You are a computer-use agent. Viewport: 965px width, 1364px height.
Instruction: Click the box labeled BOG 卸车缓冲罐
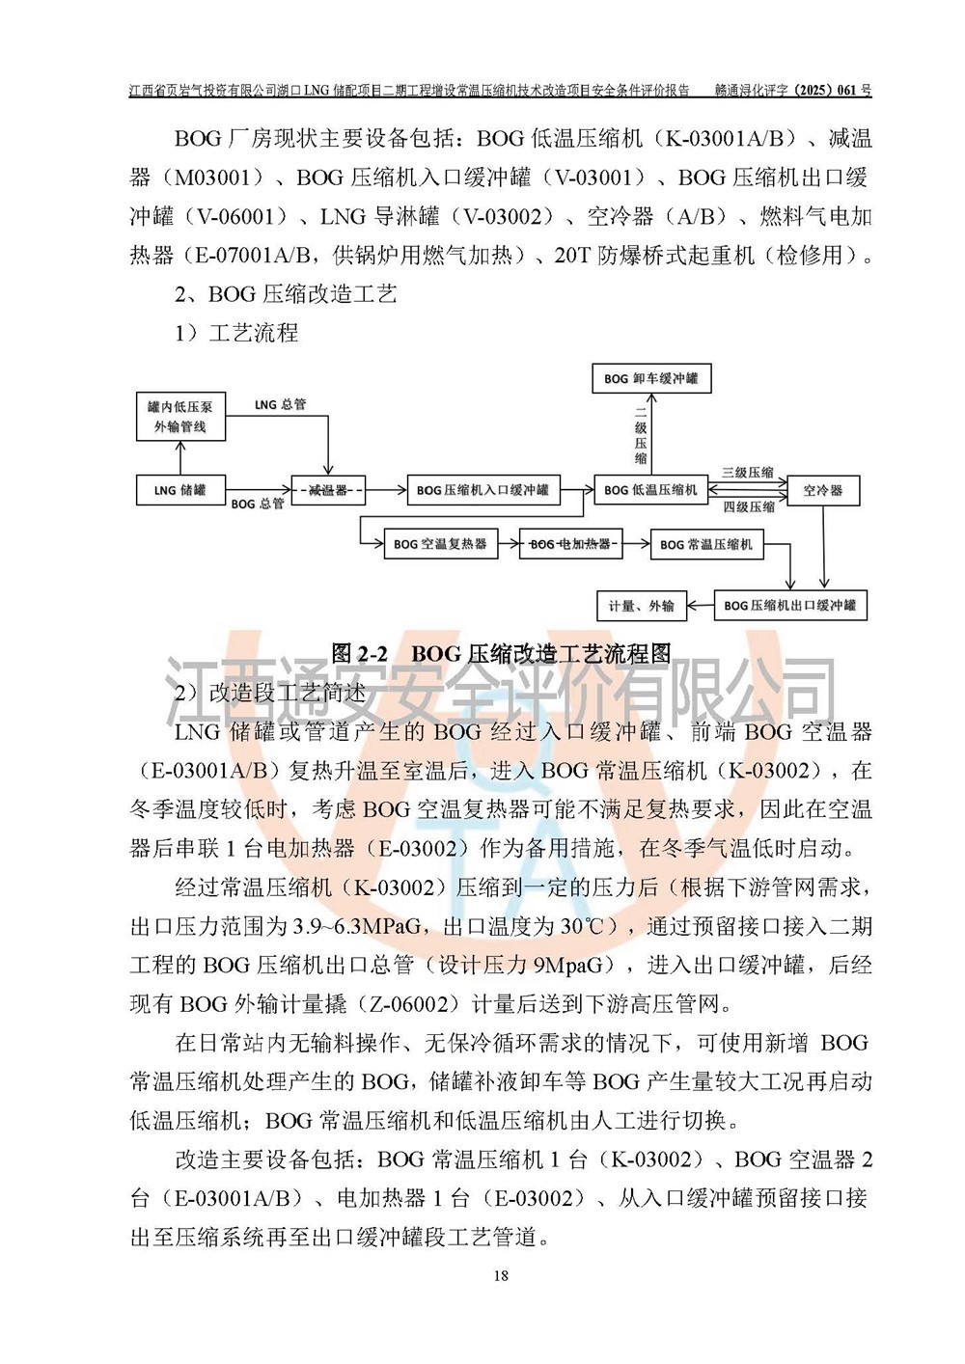click(x=651, y=379)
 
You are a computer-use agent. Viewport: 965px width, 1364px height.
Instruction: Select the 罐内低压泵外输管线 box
click(x=180, y=417)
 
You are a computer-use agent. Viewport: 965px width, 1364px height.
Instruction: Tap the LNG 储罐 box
click(x=180, y=490)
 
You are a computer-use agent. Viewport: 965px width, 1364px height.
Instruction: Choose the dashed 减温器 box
click(x=328, y=490)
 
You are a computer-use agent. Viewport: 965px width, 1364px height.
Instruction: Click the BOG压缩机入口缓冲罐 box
click(x=482, y=490)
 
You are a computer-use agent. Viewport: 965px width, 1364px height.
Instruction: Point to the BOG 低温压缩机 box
click(x=650, y=490)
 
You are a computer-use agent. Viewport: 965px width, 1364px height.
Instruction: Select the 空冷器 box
click(x=823, y=490)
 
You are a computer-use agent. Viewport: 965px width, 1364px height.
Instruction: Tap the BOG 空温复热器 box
click(x=440, y=544)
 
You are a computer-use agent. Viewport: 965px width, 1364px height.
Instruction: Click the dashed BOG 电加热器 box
click(x=570, y=544)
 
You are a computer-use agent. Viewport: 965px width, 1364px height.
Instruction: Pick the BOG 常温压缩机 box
click(x=706, y=544)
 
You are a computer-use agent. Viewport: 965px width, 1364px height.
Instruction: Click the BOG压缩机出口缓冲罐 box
click(x=789, y=606)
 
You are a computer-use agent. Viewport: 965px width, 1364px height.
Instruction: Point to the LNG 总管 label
click(x=280, y=404)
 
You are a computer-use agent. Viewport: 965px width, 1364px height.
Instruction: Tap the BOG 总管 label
click(x=258, y=504)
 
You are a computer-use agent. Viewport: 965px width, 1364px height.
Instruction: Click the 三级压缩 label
click(x=748, y=473)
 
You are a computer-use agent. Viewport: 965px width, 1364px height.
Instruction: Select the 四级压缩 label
click(x=749, y=506)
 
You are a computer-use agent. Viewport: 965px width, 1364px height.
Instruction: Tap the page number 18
click(x=500, y=1276)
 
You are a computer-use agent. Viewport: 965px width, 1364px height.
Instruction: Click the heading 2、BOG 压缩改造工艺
click(x=286, y=294)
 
